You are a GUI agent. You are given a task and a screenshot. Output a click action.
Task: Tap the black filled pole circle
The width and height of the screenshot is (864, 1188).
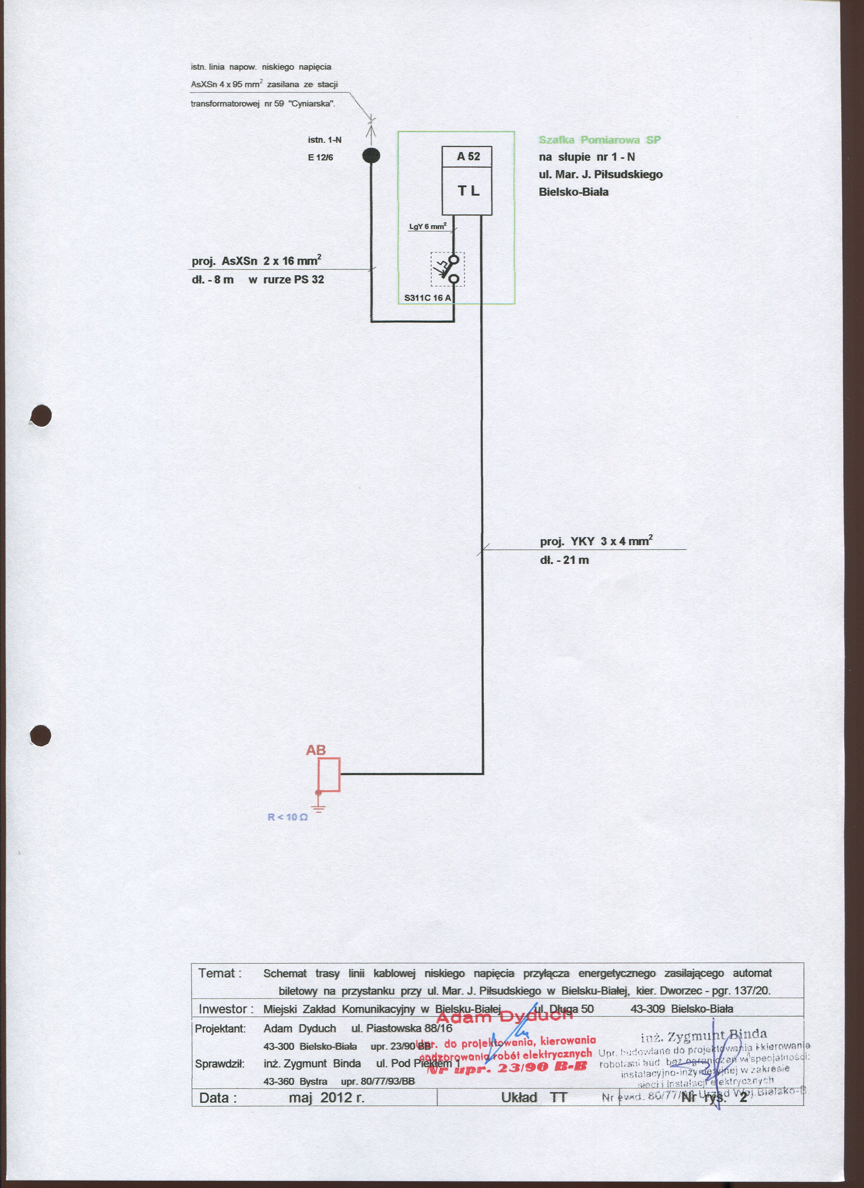pos(371,156)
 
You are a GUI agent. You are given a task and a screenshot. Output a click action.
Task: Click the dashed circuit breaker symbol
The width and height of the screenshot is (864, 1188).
pos(448,269)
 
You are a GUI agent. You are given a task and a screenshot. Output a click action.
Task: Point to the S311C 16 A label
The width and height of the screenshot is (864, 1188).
pos(427,298)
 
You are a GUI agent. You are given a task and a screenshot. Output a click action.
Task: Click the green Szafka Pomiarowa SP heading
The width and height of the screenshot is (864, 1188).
pos(599,140)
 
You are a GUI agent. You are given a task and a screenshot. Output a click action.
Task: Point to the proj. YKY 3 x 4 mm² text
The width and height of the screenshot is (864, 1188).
pos(596,541)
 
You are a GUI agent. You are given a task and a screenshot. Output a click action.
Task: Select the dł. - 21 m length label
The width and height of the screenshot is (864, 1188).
pos(564,560)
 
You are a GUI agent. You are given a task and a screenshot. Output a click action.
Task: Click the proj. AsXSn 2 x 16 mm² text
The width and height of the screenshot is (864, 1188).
pos(256,260)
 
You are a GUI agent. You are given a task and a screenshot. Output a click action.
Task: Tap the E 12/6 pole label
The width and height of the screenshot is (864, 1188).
pos(320,157)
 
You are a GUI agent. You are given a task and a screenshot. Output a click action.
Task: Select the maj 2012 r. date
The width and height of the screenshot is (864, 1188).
pos(326,1097)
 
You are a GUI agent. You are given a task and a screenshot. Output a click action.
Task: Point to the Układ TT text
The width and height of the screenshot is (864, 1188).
pos(534,1097)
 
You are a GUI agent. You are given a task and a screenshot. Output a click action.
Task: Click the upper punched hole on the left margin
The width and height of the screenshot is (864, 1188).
pos(41,416)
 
